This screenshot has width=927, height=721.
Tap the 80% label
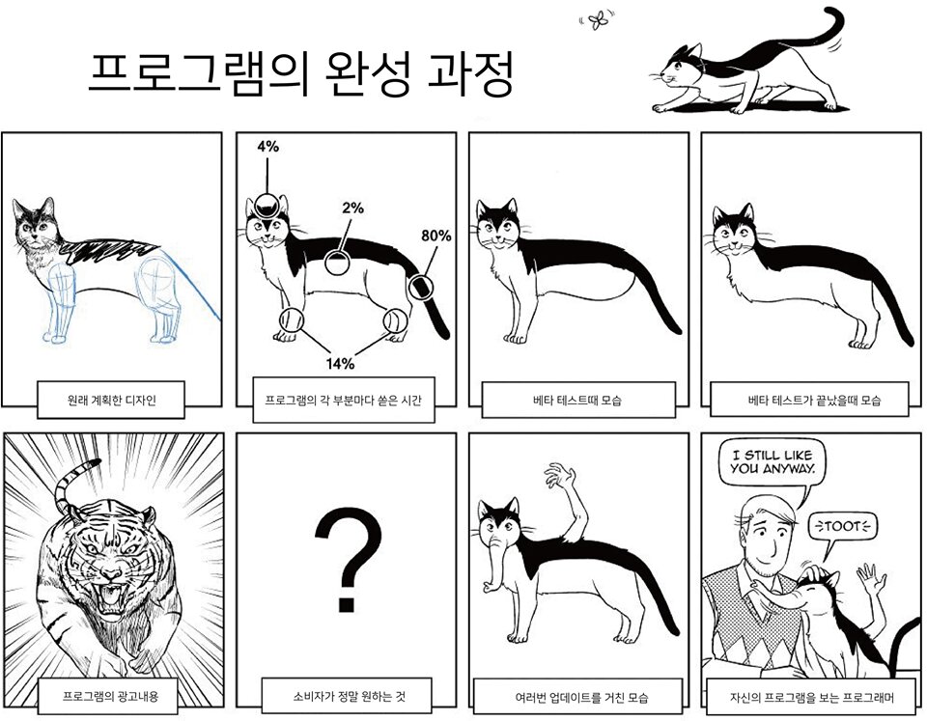435,235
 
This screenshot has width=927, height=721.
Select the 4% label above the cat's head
267,147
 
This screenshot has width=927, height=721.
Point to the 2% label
352,208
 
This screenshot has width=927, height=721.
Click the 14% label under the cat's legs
339,363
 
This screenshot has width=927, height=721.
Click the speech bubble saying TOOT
842,527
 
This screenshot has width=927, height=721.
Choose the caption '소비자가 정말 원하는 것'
346,695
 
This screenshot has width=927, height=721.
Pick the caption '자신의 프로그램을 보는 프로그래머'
809,696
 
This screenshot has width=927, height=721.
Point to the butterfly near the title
600,20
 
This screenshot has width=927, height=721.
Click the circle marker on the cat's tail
420,287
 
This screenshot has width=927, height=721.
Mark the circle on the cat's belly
336,263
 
